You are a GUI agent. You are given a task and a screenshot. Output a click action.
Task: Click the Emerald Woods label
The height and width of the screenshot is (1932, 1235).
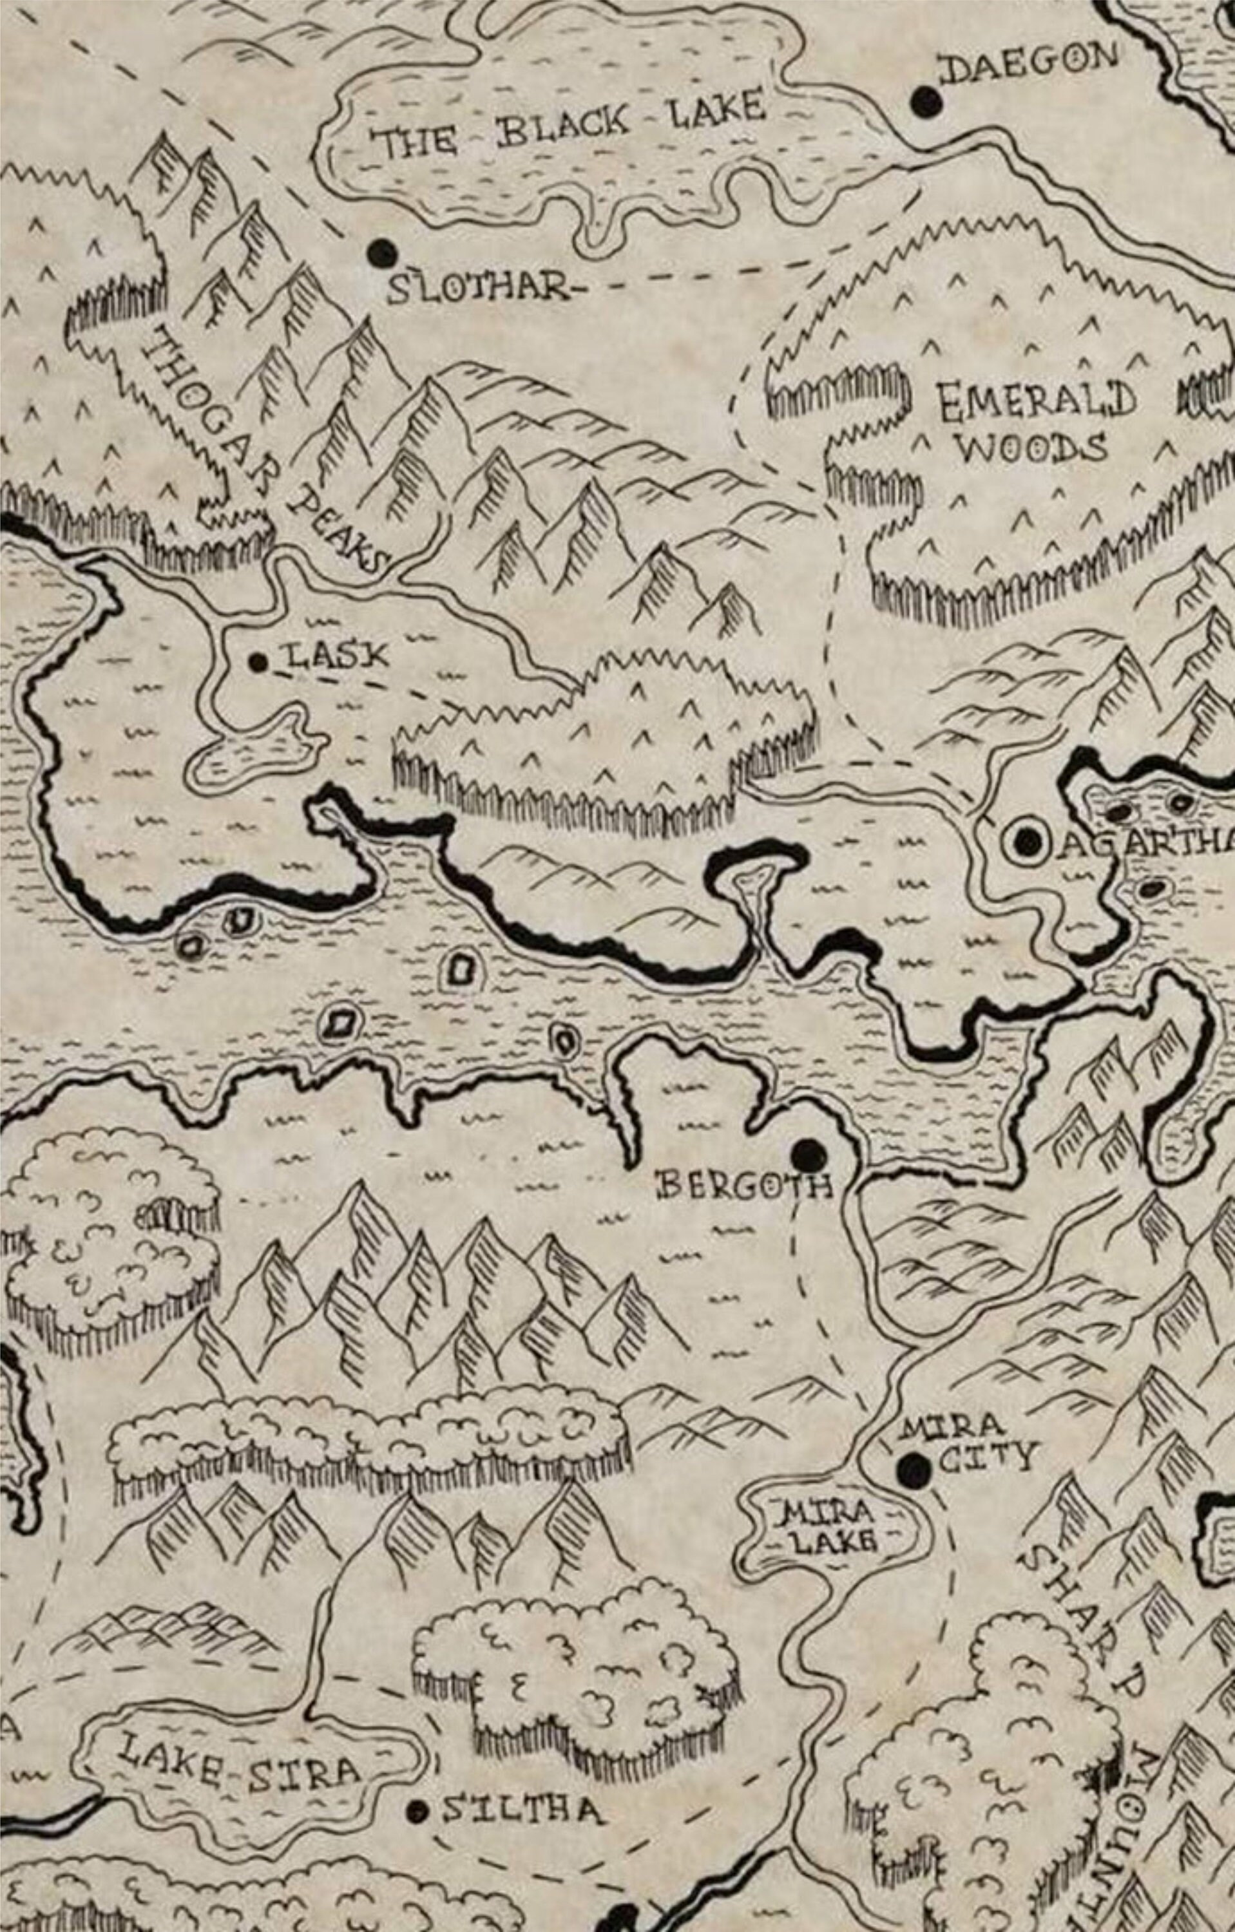click(1035, 423)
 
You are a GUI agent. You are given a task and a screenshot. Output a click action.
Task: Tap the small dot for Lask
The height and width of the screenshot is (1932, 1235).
click(258, 663)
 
